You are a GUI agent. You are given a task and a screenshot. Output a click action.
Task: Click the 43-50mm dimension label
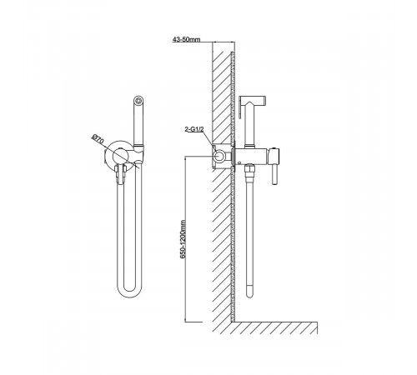[186, 39]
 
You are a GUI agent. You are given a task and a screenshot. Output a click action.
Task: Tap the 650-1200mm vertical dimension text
[183, 240]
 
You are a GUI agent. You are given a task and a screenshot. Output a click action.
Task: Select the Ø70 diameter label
[98, 139]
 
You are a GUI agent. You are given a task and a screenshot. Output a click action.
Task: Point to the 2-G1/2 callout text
[194, 129]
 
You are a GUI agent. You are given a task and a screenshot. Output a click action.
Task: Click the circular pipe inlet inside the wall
[219, 157]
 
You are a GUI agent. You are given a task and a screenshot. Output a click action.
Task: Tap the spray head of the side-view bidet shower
[253, 99]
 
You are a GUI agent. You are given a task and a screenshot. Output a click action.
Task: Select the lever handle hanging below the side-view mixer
[274, 175]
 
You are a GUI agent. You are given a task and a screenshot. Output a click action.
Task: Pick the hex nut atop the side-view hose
[249, 168]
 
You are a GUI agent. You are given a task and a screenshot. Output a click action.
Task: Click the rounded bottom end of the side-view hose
[249, 292]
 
